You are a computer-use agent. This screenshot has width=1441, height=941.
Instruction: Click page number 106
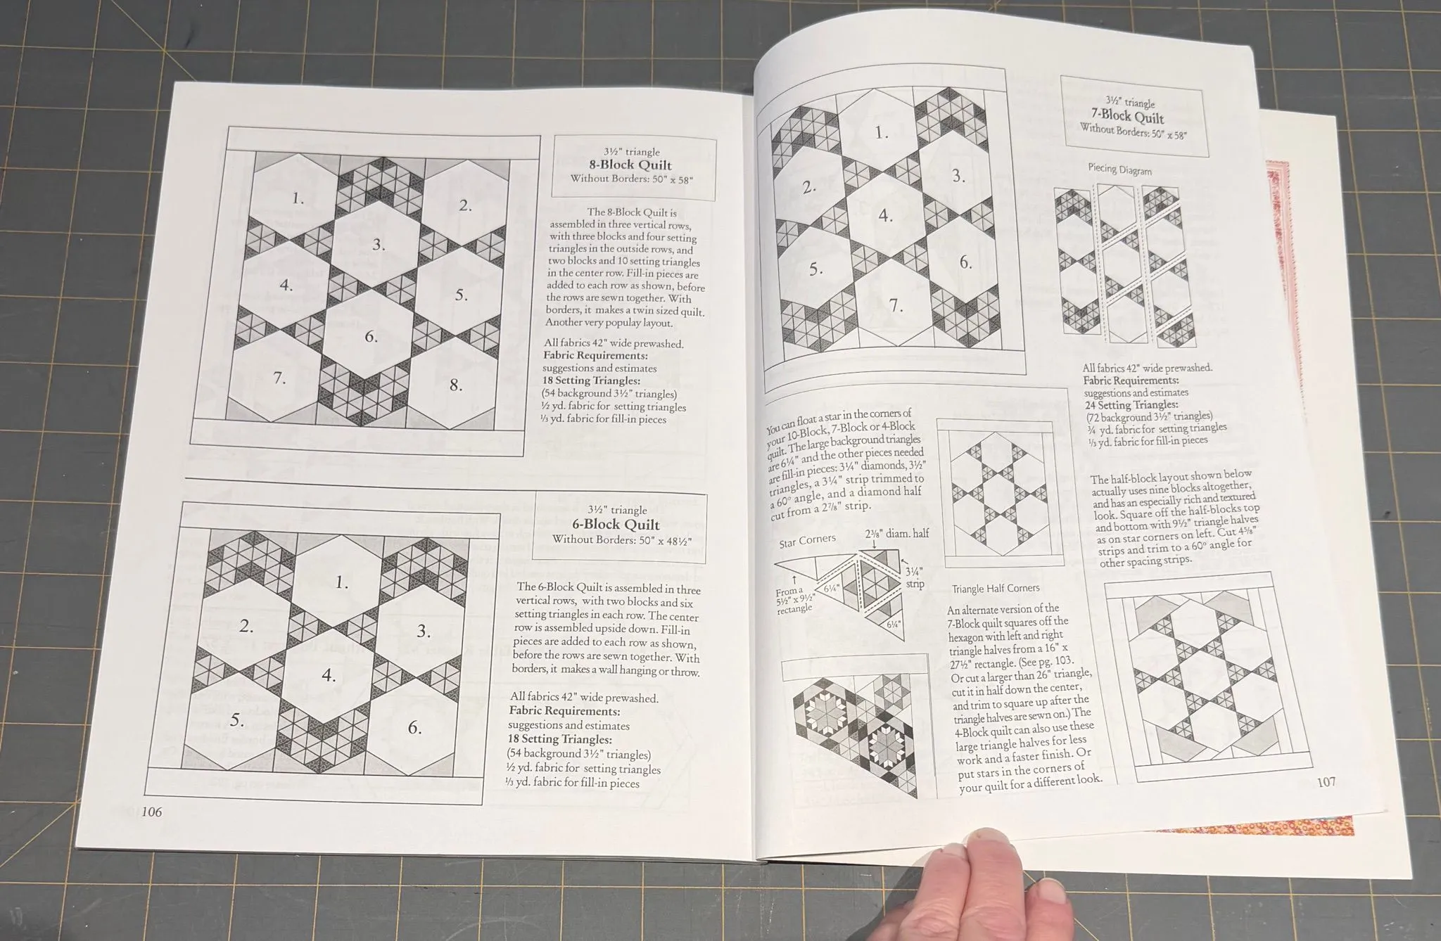coord(152,812)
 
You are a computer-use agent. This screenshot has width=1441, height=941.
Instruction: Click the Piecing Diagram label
coord(1120,169)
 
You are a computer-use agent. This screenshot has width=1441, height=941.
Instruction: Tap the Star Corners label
coord(808,541)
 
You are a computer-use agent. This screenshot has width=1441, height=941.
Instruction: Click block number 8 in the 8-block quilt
coord(456,385)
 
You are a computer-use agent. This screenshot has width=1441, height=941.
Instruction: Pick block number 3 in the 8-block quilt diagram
coord(379,245)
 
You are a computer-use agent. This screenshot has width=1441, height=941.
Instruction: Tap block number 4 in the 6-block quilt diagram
coord(329,676)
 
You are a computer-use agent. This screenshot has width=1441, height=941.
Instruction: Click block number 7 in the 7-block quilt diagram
coord(896,306)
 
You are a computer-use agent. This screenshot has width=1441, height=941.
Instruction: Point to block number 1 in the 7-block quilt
coord(882,132)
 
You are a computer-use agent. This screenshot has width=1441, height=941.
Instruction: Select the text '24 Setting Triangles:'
coord(1131,404)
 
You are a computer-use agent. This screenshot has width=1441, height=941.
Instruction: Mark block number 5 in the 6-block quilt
coord(237,720)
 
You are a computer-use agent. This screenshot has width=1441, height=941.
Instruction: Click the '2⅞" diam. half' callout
coord(897,534)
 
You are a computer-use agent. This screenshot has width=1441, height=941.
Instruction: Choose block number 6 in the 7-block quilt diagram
coord(966,262)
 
